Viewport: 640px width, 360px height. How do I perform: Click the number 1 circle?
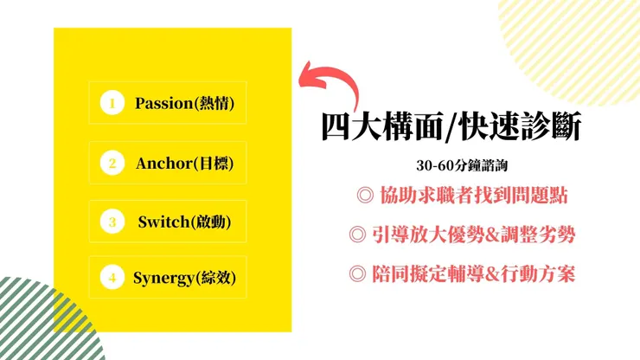(x=112, y=104)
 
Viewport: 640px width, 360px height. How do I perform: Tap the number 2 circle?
(x=112, y=163)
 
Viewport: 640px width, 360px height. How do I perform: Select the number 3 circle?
(x=112, y=222)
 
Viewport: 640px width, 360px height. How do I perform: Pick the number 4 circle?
(x=112, y=278)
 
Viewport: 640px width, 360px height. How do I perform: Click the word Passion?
(x=162, y=104)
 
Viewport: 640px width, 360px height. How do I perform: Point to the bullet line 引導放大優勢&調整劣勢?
(x=463, y=235)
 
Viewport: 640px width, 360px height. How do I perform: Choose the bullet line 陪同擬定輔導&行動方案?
(x=463, y=274)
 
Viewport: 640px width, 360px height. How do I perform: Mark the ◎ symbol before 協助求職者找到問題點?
(x=364, y=196)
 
